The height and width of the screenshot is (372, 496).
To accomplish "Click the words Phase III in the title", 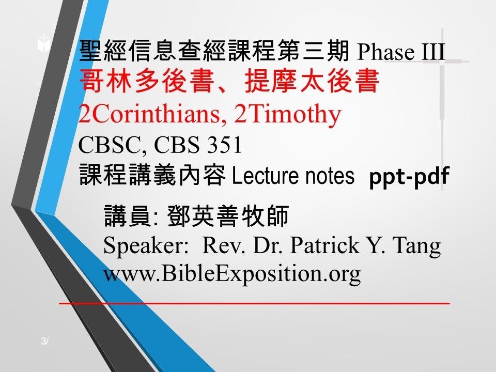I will point(401,52).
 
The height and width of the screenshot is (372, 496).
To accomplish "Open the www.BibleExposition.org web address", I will point(232,274).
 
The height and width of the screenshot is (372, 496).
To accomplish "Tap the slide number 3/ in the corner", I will point(45,341).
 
